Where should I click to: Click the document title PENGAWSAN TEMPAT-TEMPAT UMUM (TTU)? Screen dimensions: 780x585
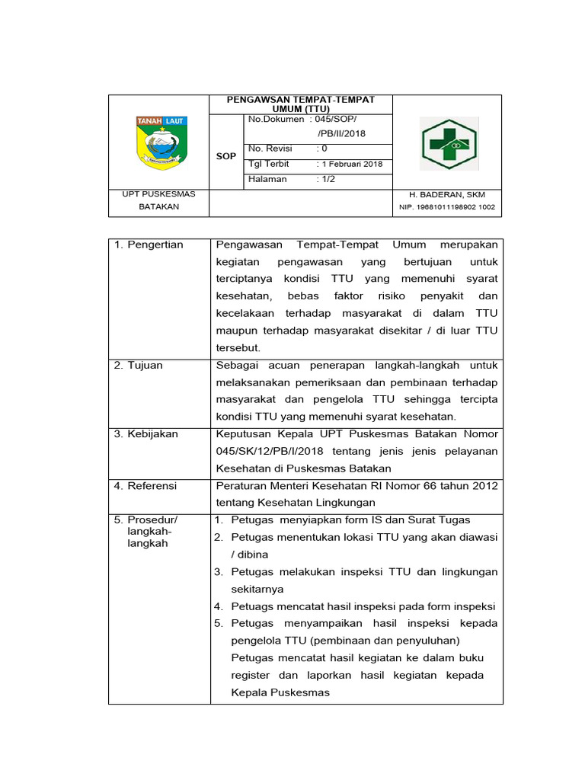coord(301,105)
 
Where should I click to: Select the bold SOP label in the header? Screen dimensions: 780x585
coord(225,156)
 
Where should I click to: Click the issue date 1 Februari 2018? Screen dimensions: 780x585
coord(352,165)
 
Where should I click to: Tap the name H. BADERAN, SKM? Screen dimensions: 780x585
coord(448,195)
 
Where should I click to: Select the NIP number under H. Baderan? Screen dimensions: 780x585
coord(447,207)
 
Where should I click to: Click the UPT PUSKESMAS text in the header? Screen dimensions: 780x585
coord(159,194)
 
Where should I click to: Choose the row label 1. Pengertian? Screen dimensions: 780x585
coord(149,245)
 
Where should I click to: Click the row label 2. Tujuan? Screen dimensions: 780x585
coord(139,365)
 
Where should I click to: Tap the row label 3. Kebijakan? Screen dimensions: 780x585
coord(146,433)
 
